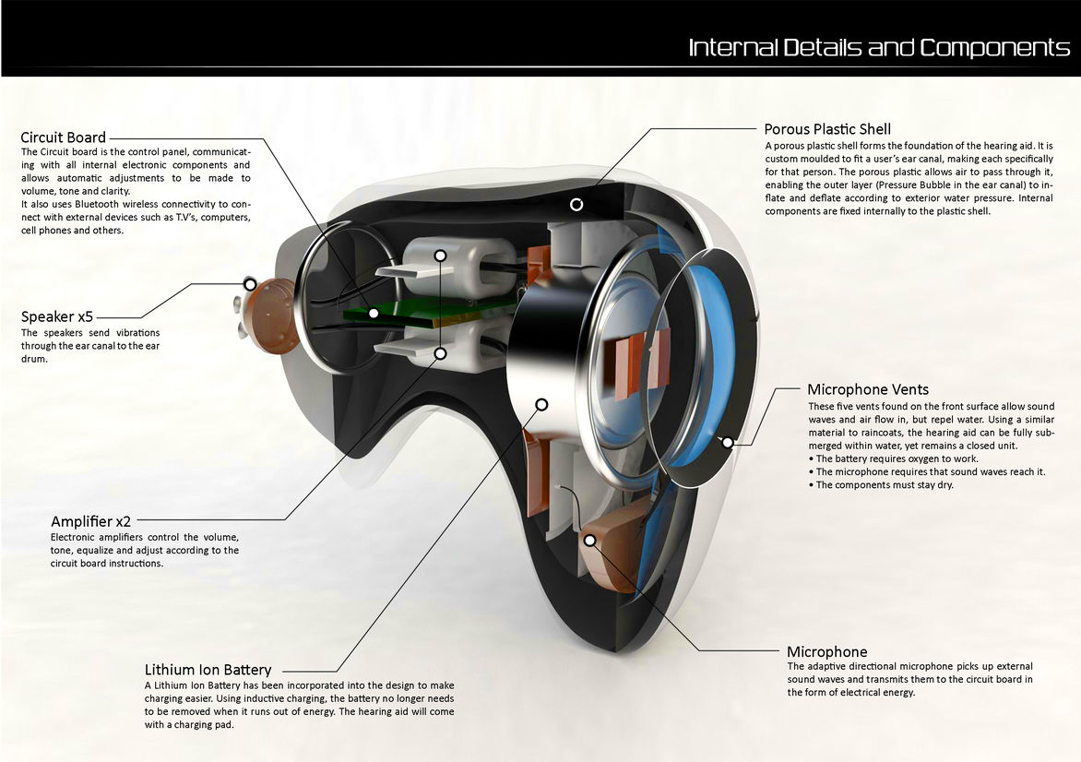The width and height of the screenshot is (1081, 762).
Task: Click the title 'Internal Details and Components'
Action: pyautogui.click(x=878, y=47)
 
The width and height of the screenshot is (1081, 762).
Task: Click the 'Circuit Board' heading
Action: pyautogui.click(x=63, y=138)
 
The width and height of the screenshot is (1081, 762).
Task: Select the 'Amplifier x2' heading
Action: pyautogui.click(x=90, y=522)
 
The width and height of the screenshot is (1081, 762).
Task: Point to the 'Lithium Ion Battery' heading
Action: pyautogui.click(x=208, y=670)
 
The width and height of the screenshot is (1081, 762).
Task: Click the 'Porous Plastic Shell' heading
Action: pyautogui.click(x=827, y=129)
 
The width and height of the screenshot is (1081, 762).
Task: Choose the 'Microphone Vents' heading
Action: pyautogui.click(x=868, y=389)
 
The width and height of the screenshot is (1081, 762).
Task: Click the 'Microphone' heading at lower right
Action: pyautogui.click(x=826, y=651)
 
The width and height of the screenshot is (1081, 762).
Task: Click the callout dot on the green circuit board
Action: pyautogui.click(x=374, y=313)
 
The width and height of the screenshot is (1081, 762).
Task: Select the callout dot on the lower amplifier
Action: pyautogui.click(x=441, y=352)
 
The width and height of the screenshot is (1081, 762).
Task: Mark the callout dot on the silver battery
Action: pyautogui.click(x=541, y=404)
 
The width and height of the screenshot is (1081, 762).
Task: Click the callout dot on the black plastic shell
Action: pyautogui.click(x=576, y=204)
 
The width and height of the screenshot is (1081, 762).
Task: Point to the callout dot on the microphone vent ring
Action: pyautogui.click(x=728, y=442)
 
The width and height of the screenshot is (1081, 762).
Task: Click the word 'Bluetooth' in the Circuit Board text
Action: pyautogui.click(x=98, y=204)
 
